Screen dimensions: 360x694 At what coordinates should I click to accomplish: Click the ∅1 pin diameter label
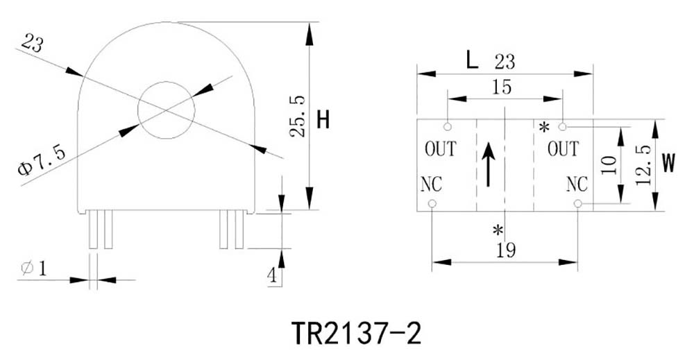(x=35, y=268)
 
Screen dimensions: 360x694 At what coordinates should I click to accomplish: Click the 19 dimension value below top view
(x=506, y=250)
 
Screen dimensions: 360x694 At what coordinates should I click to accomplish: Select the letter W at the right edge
(x=668, y=163)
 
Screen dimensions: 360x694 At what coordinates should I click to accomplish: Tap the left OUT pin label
(x=440, y=148)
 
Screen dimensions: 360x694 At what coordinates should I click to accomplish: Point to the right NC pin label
(x=577, y=185)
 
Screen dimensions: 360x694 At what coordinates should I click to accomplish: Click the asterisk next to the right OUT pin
(x=544, y=127)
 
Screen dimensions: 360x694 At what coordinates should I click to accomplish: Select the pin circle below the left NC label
(x=432, y=204)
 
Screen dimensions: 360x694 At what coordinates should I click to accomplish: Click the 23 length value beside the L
(x=505, y=62)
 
